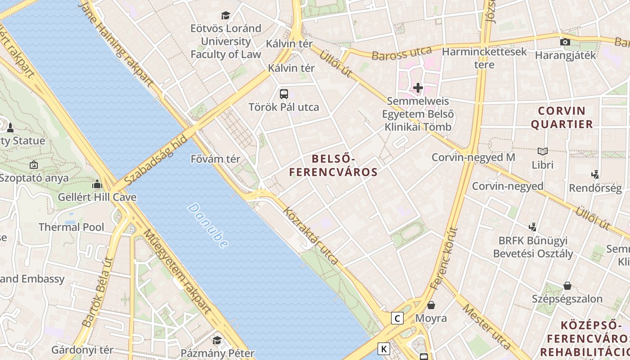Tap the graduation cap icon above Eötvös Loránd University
coord(225,16)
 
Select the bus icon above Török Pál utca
coord(283,94)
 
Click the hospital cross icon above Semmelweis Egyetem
coord(418,88)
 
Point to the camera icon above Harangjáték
coord(565,42)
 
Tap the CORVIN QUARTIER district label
coord(562,117)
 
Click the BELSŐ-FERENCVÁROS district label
coord(333,165)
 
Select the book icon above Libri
coord(543,152)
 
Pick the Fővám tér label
coord(216,159)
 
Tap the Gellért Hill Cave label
coord(97,197)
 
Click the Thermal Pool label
coord(71,227)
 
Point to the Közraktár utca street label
coord(310,235)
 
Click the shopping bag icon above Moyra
coord(431,305)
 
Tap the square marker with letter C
coord(397,319)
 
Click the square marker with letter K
coord(383,349)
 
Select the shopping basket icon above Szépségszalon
coord(567,286)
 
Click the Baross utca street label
coord(401,53)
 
